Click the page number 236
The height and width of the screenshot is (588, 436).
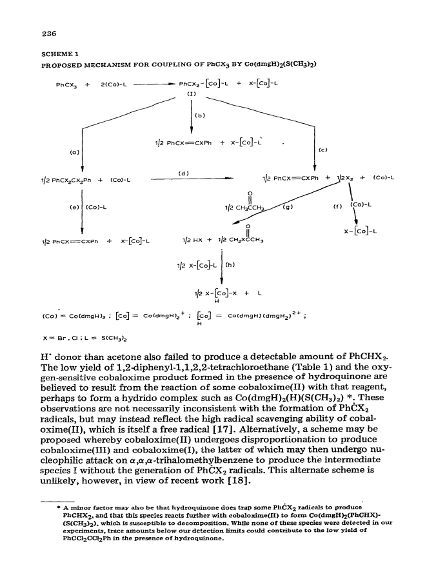click(49, 34)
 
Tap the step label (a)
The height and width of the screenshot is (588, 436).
click(75, 153)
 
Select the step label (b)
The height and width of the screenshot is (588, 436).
click(200, 115)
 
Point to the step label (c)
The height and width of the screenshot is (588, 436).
click(322, 150)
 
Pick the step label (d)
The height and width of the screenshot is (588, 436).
click(183, 173)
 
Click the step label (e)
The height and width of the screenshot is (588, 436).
click(74, 207)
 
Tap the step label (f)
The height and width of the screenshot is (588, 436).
click(337, 206)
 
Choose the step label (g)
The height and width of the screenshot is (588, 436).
click(288, 206)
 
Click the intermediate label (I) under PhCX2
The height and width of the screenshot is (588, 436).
click(192, 94)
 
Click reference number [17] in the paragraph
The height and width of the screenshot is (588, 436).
click(224, 429)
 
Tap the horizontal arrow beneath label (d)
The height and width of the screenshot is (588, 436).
click(192, 179)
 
